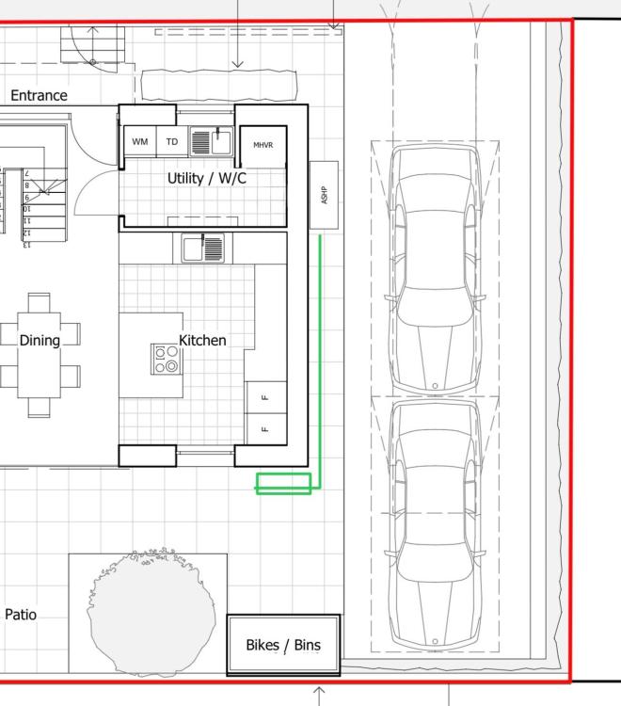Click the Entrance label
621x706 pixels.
pyautogui.click(x=39, y=95)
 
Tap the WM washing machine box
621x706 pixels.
pyautogui.click(x=140, y=141)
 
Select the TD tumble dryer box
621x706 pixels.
pyautogui.click(x=172, y=141)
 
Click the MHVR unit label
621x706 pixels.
pyautogui.click(x=263, y=145)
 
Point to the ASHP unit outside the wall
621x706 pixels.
pyautogui.click(x=324, y=195)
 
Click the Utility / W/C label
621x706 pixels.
pyautogui.click(x=207, y=178)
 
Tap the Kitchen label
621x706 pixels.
pyautogui.click(x=202, y=341)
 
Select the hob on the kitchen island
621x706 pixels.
pyautogui.click(x=167, y=360)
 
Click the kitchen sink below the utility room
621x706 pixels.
pyautogui.click(x=203, y=249)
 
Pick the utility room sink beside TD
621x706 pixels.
pyautogui.click(x=211, y=141)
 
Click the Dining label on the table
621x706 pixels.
pyautogui.click(x=40, y=341)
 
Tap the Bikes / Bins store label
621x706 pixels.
pyautogui.click(x=283, y=645)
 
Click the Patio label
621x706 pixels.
pyautogui.click(x=21, y=615)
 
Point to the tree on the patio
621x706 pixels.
pyautogui.click(x=151, y=612)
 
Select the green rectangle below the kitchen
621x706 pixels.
pyautogui.click(x=283, y=484)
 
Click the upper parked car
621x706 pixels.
pyautogui.click(x=435, y=269)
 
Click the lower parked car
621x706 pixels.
pyautogui.click(x=435, y=524)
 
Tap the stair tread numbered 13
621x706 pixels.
pyautogui.click(x=26, y=245)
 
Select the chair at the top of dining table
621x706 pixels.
pyautogui.click(x=40, y=303)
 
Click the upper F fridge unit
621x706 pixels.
pyautogui.click(x=266, y=397)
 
